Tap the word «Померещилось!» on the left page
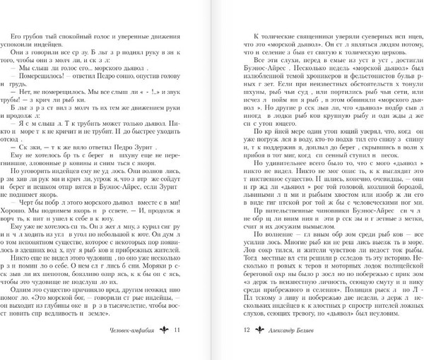coord(42,83)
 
